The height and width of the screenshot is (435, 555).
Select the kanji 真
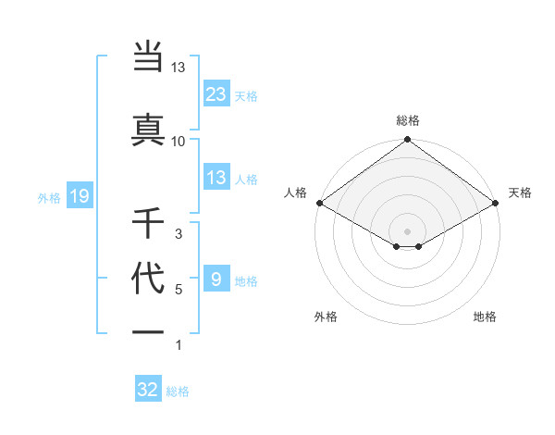[x=149, y=129]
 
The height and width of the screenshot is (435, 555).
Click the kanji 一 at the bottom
[x=149, y=331]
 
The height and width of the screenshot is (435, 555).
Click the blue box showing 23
[x=216, y=94]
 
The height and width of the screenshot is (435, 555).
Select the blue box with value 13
[x=216, y=178]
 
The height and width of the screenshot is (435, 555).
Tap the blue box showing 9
[x=216, y=280]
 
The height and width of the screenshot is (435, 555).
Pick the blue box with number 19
[x=79, y=196]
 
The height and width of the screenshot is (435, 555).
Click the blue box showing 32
[x=148, y=390]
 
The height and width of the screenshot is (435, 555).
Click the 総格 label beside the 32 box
[x=179, y=391]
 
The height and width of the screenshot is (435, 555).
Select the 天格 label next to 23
[x=246, y=96]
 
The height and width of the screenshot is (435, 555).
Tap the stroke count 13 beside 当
[x=179, y=67]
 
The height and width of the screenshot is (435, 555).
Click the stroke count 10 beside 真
[x=179, y=141]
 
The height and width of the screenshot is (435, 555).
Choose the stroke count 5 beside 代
[x=179, y=290]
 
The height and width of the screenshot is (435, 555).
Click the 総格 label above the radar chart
[x=407, y=120]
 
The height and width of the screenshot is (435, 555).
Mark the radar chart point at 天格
[x=496, y=203]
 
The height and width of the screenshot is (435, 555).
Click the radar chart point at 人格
[x=318, y=203]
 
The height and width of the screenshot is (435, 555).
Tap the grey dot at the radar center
[x=407, y=230]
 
